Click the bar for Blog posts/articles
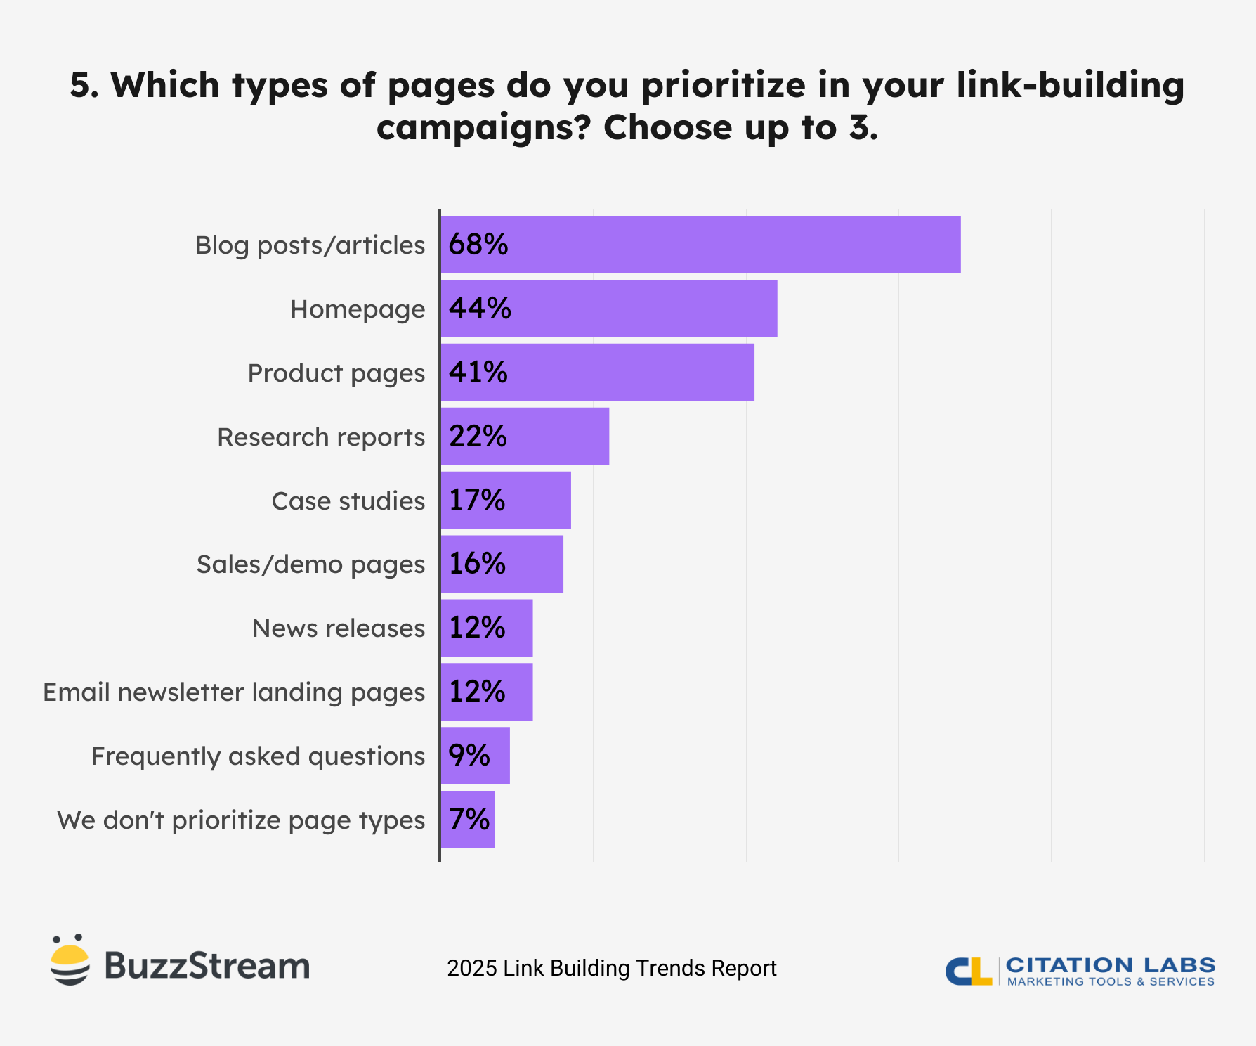point(700,245)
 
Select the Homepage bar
point(609,309)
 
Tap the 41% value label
point(478,373)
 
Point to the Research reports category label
point(321,437)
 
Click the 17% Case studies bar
point(506,501)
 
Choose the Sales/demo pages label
point(310,564)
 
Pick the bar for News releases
point(487,628)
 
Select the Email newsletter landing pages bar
point(487,692)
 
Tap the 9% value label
point(469,756)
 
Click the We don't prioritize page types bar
point(468,820)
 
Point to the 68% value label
point(478,245)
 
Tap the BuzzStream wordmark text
point(207,966)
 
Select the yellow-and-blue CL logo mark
point(968,971)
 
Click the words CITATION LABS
point(1110,965)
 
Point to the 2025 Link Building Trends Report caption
point(611,968)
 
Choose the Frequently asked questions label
point(258,756)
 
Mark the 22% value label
point(478,437)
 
